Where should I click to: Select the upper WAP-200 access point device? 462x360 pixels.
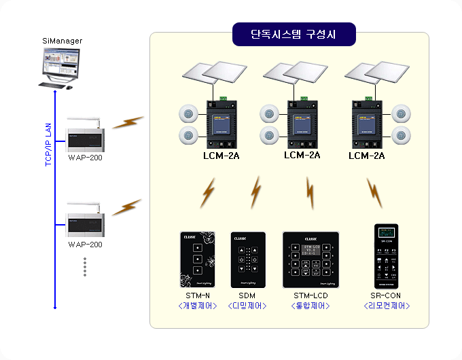85,138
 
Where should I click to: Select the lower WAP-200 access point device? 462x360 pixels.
85,221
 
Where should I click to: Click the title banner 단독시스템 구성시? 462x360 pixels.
294,33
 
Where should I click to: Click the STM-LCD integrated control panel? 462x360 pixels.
310,259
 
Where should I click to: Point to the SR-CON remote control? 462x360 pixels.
386,257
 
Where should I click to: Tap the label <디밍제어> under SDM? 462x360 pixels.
246,306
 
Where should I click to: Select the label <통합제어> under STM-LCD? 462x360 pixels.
310,306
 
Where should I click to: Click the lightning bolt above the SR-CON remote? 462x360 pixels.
375,193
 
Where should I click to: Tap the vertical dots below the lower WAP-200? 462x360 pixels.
85,266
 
